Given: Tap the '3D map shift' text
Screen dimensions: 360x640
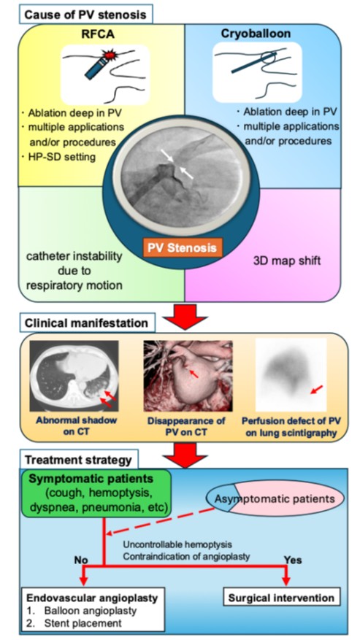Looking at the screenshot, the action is point(286,261).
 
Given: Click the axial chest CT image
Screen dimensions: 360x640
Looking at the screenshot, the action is point(74,376).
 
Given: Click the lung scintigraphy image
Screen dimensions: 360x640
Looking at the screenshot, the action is point(291,374).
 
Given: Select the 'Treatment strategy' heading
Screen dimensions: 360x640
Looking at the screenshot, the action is point(77,460).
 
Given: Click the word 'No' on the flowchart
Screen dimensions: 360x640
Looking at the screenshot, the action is point(81,560).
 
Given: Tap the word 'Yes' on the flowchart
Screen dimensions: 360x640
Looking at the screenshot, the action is point(293,560).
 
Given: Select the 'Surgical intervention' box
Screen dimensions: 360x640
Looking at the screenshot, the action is point(282,598).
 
